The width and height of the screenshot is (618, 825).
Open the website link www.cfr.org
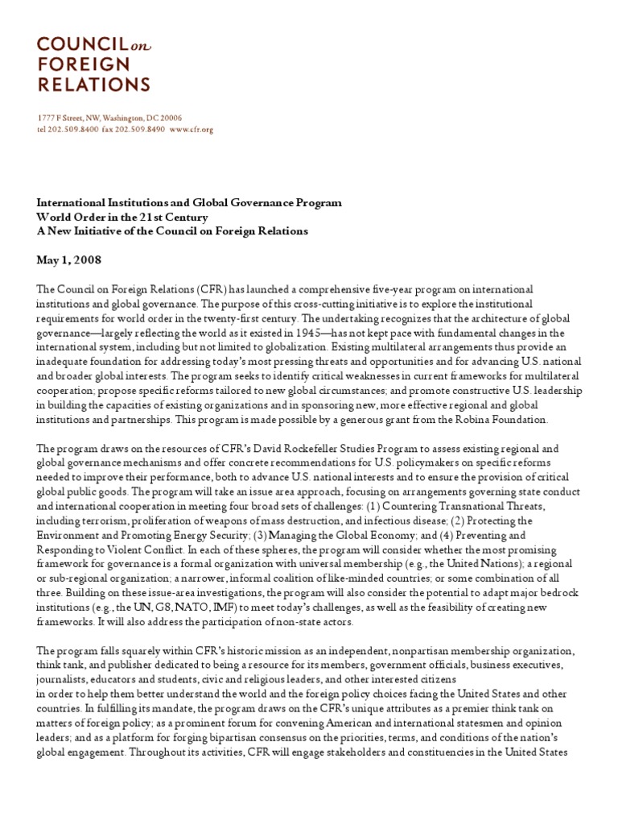192,129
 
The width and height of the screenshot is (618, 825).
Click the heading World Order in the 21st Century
122,218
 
